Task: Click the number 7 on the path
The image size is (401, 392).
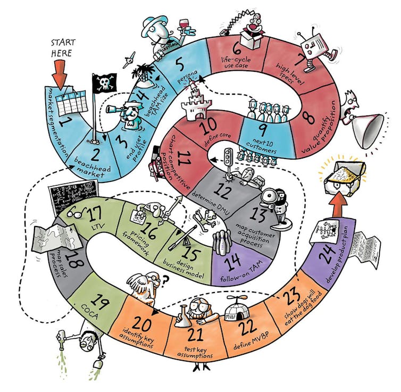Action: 302,63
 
